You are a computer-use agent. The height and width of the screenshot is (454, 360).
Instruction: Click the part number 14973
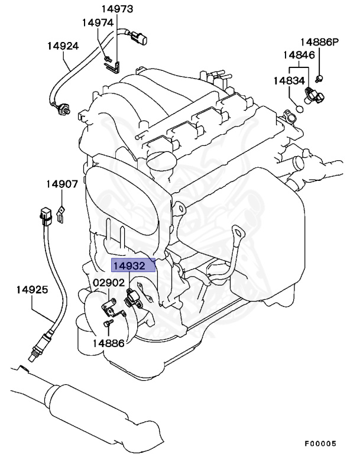click(x=116, y=9)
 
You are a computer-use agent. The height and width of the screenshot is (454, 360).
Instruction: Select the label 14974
click(x=97, y=22)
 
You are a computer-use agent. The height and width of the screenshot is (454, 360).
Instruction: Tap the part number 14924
click(x=63, y=46)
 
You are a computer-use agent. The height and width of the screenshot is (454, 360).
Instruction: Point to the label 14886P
click(x=319, y=42)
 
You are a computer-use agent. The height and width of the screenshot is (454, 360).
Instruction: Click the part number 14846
click(x=298, y=55)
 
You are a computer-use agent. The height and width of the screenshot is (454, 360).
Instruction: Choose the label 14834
click(x=289, y=80)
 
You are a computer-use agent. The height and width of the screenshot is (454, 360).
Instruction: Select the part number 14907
click(x=62, y=184)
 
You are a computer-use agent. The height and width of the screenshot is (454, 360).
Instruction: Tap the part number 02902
click(x=108, y=283)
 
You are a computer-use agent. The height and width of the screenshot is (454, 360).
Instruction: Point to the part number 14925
click(x=31, y=290)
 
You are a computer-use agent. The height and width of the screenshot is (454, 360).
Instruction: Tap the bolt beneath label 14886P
click(x=319, y=76)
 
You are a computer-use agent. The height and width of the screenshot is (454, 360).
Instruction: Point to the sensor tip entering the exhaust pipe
click(x=30, y=355)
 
